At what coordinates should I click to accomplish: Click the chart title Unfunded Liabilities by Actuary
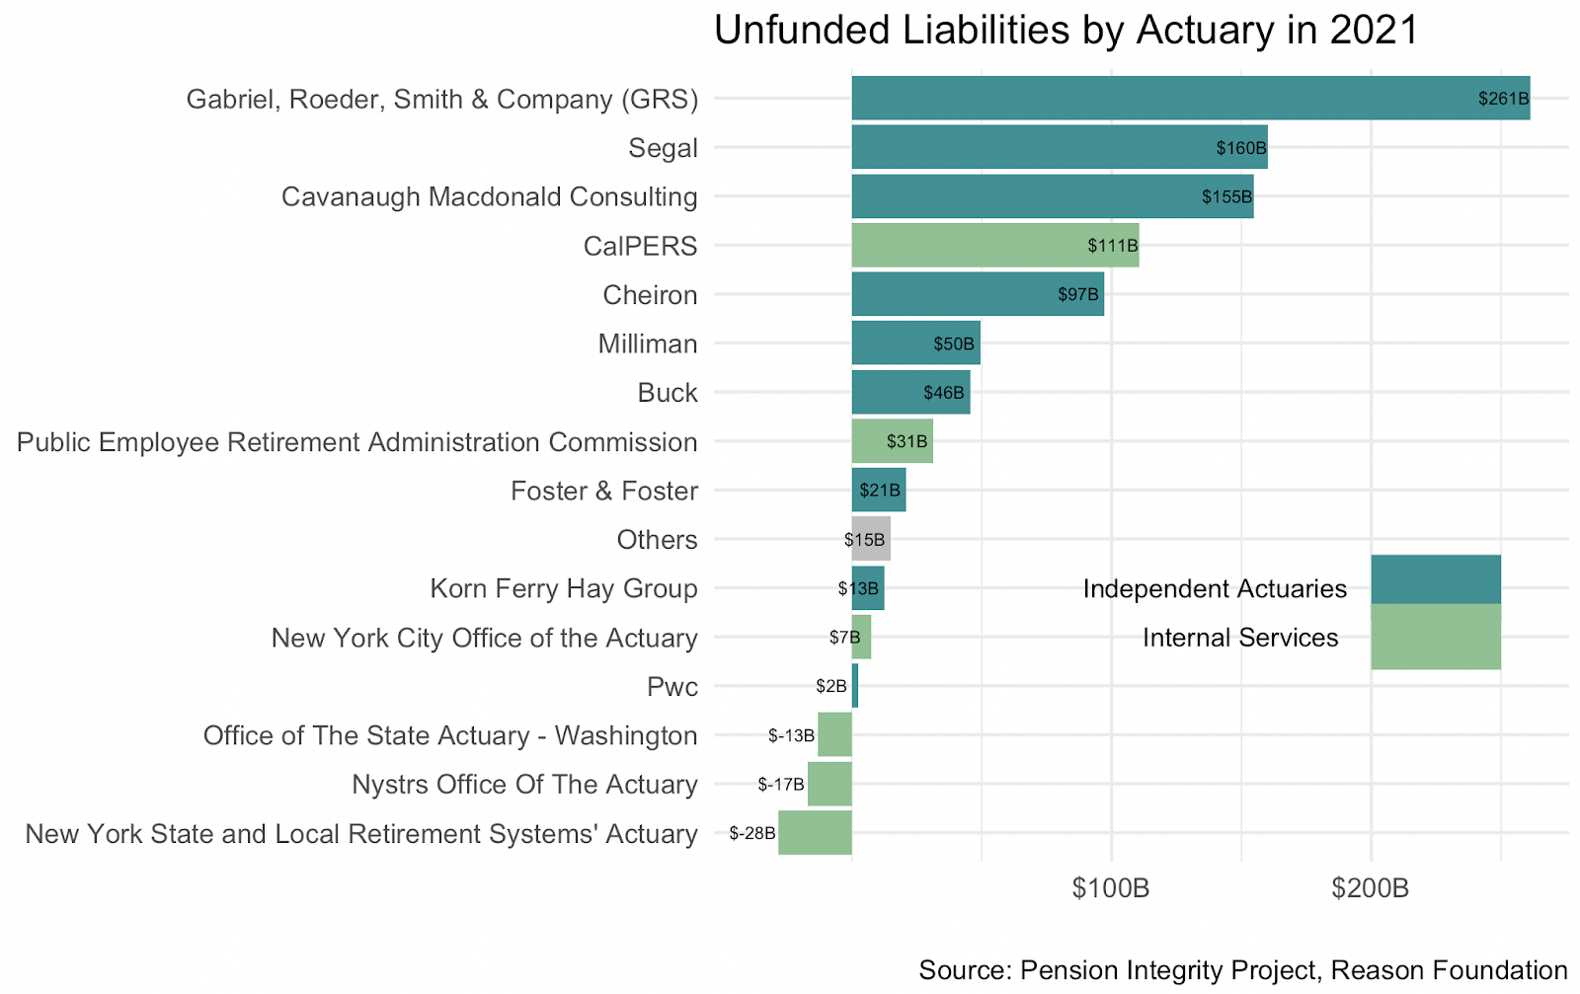point(1066,31)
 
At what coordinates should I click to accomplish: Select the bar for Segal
point(1059,147)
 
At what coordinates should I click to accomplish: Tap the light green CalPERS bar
point(994,245)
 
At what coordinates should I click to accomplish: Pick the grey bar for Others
point(871,539)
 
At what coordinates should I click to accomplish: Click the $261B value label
point(1503,99)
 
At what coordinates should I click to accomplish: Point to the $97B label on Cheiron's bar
point(1077,294)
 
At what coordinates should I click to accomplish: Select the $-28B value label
point(752,833)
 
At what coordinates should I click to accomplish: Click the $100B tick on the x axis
point(1111,888)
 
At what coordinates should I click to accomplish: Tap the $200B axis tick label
point(1370,888)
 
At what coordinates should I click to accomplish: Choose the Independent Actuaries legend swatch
point(1435,579)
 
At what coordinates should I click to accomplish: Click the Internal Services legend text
point(1240,638)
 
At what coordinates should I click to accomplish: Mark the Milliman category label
point(648,344)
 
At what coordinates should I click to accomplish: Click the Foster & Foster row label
point(603,491)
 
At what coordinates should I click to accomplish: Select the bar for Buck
point(910,392)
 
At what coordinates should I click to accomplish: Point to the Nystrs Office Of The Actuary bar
point(829,784)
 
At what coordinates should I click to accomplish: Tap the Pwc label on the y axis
point(671,687)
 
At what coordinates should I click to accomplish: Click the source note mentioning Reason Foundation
point(1242,970)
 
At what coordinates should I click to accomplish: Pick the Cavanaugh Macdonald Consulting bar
point(1052,196)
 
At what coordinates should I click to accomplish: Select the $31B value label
point(907,441)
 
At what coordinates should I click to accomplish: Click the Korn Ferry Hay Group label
point(563,588)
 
